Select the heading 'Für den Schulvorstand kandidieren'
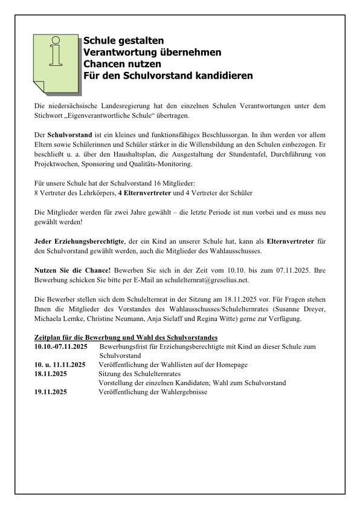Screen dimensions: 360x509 (x=168, y=76)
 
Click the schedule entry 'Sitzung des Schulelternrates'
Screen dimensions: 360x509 (x=140, y=374)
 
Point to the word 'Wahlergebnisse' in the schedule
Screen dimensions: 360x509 (x=184, y=392)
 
